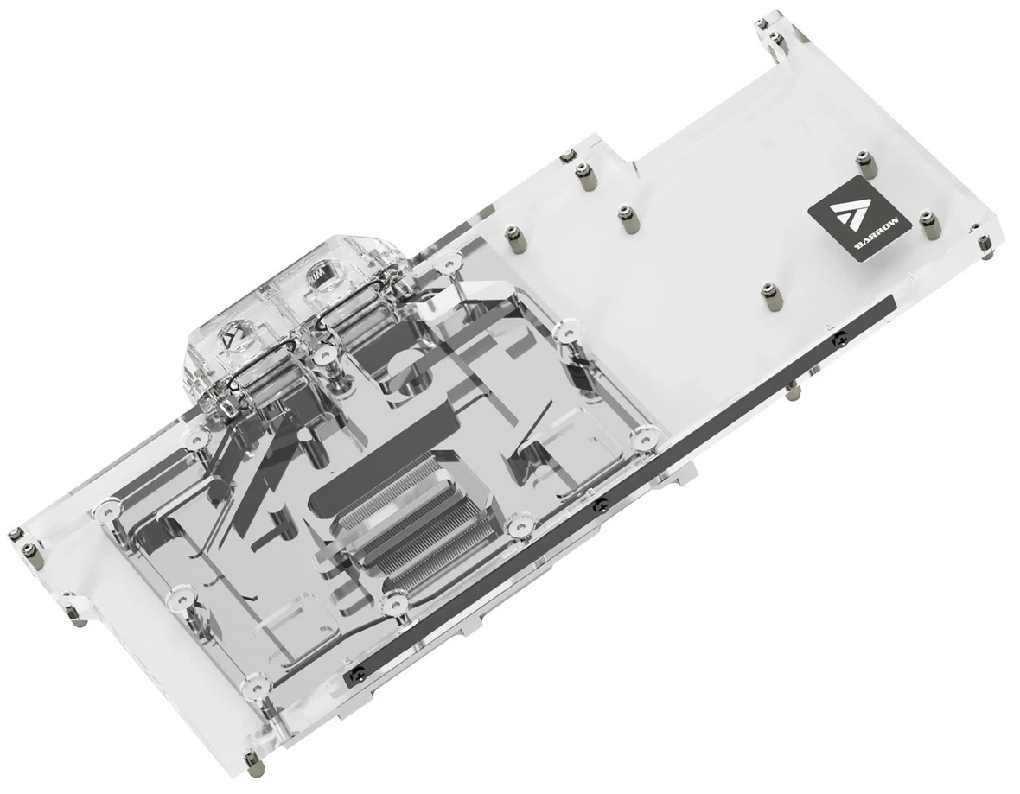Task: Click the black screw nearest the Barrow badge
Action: tap(843, 337)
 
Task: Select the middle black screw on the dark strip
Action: tap(601, 503)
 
